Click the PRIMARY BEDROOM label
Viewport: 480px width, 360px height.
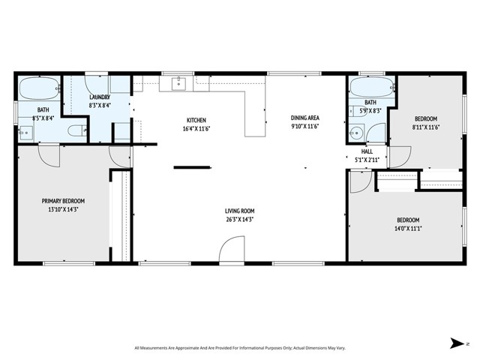pyautogui.click(x=63, y=201)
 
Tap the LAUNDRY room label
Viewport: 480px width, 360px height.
pyautogui.click(x=100, y=97)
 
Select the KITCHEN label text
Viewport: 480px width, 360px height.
pyautogui.click(x=196, y=120)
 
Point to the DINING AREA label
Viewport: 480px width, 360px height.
pyautogui.click(x=305, y=118)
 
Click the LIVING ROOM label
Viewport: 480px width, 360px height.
pyautogui.click(x=240, y=211)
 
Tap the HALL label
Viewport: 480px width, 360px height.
pyautogui.click(x=367, y=151)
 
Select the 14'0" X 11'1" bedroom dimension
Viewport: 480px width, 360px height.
pyautogui.click(x=408, y=229)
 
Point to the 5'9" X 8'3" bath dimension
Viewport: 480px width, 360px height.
pyautogui.click(x=370, y=110)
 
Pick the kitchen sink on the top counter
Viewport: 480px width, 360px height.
pyautogui.click(x=178, y=83)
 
